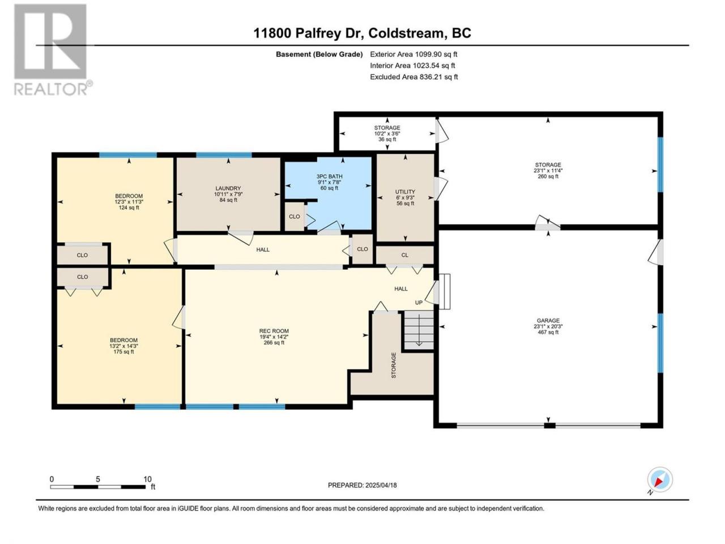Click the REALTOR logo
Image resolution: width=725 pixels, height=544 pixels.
(x=53, y=50)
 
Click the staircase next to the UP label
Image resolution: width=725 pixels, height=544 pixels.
(x=419, y=330)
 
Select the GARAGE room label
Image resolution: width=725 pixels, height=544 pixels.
(x=548, y=320)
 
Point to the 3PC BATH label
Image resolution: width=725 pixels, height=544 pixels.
(x=329, y=176)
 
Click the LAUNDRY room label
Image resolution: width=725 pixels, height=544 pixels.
(x=228, y=188)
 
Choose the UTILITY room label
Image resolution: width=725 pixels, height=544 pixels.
(x=406, y=192)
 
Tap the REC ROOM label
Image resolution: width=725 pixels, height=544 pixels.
(x=274, y=331)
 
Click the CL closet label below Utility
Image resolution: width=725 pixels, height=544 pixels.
(x=404, y=255)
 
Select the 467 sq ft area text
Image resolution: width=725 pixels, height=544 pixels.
(x=548, y=332)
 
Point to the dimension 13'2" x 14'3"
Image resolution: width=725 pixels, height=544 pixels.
(x=124, y=346)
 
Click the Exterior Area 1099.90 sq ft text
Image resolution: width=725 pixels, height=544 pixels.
(x=413, y=54)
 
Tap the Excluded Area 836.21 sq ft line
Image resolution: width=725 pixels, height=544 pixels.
(x=414, y=77)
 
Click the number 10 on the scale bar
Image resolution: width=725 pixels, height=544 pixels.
(x=147, y=479)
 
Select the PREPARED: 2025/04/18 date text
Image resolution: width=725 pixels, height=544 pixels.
(x=362, y=485)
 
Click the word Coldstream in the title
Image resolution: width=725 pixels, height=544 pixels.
(x=406, y=33)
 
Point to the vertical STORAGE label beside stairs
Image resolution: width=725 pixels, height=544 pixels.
(x=394, y=365)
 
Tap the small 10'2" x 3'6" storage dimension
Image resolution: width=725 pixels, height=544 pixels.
(x=387, y=133)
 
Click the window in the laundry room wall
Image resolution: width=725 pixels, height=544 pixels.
(x=224, y=155)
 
